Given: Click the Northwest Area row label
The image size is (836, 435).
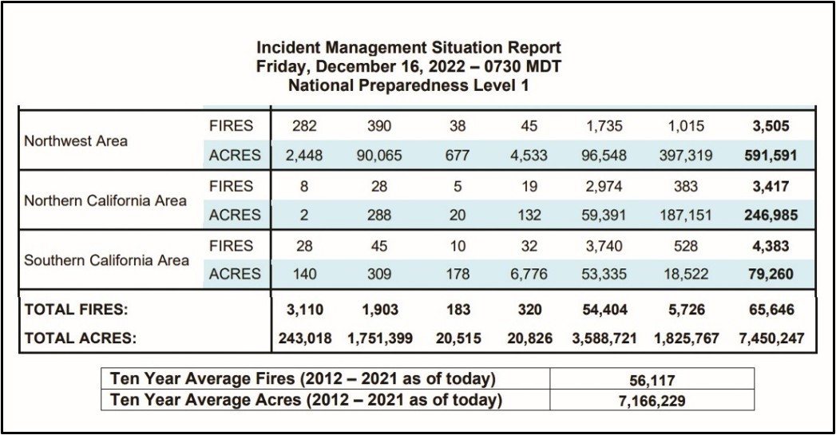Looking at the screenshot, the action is (76, 141).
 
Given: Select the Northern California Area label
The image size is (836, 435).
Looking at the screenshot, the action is (105, 201).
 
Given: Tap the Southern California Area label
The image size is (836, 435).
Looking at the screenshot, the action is (107, 261).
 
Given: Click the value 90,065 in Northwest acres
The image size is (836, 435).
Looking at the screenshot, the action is (379, 156).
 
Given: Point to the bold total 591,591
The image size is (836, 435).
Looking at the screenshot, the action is (771, 156).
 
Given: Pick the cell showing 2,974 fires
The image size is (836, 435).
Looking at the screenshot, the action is (605, 187).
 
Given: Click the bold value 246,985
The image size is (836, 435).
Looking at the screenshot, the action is (771, 216).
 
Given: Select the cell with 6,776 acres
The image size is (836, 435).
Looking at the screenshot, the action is (529, 274).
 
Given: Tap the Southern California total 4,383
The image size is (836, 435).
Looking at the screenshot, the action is (771, 247).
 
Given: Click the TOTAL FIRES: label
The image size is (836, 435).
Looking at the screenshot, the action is (76, 310).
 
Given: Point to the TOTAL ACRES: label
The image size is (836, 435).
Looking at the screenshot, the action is (81, 338).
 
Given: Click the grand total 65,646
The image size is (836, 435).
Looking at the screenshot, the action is (771, 310).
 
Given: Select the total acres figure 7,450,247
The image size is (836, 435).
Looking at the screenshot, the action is (771, 338).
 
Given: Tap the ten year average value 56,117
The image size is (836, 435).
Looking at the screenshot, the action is (652, 381).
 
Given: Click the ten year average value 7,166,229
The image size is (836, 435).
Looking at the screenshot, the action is (652, 401).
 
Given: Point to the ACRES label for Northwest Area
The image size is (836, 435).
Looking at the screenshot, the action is (235, 156).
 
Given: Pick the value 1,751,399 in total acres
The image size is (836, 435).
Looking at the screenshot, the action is (379, 338).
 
